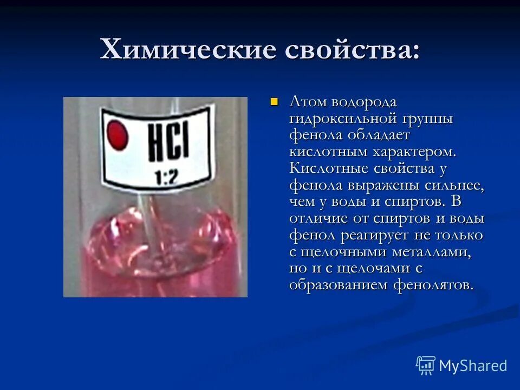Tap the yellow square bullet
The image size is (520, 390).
(274, 101)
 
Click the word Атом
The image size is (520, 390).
(307, 101)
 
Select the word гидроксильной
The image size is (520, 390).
(342, 118)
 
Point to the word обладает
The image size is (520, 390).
(381, 134)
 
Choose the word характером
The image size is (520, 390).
(414, 151)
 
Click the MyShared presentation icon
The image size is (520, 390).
(425, 366)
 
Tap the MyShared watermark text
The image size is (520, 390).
(472, 366)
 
